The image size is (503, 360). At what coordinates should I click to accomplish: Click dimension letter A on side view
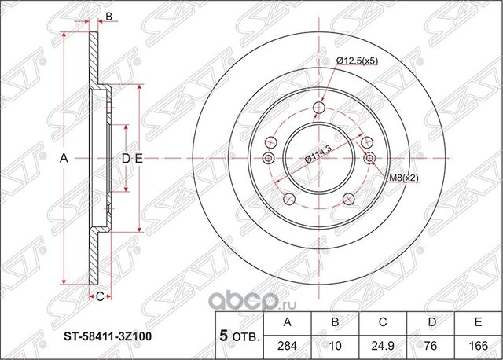(64, 159)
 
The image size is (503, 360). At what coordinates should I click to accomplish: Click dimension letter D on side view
(123, 159)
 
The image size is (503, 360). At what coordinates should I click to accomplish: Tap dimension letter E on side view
(138, 159)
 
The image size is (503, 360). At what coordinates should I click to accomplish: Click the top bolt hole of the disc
(318, 108)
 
